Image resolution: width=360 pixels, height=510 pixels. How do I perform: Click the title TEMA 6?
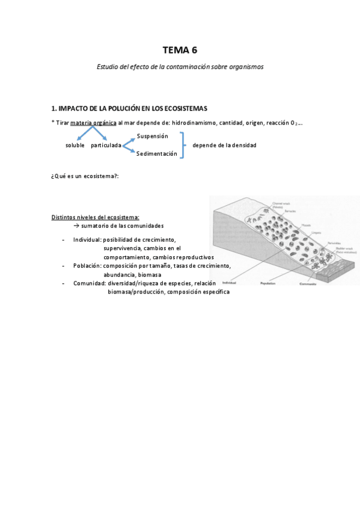coord(180,50)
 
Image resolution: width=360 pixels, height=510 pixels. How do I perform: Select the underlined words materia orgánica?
coord(93,123)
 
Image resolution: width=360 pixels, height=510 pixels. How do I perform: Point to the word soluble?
coord(75,146)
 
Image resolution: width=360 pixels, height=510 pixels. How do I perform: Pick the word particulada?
coord(106,146)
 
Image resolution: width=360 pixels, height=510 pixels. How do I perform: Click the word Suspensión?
coord(153,136)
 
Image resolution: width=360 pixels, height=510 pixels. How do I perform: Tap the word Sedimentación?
coord(157,154)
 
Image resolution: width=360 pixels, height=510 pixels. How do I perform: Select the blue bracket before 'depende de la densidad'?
coord(183,145)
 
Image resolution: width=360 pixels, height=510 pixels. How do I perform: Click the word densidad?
coord(244,146)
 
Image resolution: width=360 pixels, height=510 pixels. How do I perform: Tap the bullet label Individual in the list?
coord(87,239)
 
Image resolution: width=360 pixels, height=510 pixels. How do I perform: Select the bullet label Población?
coord(87,265)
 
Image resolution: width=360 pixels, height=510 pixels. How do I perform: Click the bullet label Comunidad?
coord(89,283)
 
